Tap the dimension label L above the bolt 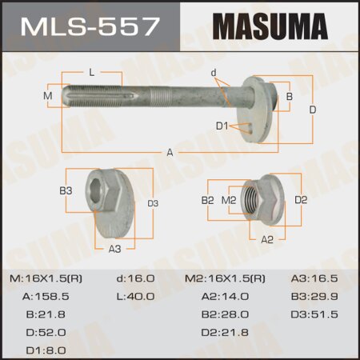(92, 73)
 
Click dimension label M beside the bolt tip (48, 96)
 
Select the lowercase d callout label (214, 73)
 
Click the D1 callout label (222, 126)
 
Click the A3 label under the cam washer (114, 249)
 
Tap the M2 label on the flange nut (228, 200)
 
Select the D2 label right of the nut (301, 200)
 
